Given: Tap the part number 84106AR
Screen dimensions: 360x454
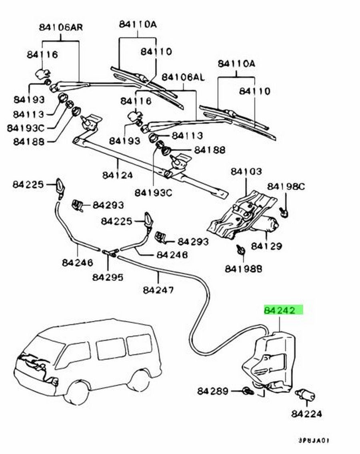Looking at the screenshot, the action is pos(61,27).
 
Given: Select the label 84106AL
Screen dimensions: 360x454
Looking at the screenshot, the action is pos(183,77).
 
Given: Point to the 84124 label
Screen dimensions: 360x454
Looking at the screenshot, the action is pos(118,175).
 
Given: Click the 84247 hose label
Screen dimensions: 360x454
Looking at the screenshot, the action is pos(158,290).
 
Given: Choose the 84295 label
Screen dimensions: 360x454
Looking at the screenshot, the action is pos(108,277).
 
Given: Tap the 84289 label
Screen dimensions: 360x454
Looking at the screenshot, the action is pos(213,391).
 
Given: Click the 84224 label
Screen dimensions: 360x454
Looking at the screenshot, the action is pos(306,414).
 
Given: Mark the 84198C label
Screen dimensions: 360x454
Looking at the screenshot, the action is pos(286,187).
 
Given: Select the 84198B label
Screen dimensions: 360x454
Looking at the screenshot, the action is pos(243,269).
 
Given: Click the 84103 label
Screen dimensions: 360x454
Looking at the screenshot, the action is pos(246,171).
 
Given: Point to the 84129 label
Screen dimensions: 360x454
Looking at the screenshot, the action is pos(266,246).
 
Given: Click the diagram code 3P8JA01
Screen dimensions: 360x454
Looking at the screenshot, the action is pos(314,441).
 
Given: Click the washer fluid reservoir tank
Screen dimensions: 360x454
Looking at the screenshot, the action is pos(269,362).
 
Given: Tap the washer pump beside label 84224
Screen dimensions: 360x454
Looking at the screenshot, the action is pos(305,395).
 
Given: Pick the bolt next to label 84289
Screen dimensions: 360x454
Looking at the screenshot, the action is pos(248,391).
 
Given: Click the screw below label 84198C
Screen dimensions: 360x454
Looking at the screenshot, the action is pos(285,212).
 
